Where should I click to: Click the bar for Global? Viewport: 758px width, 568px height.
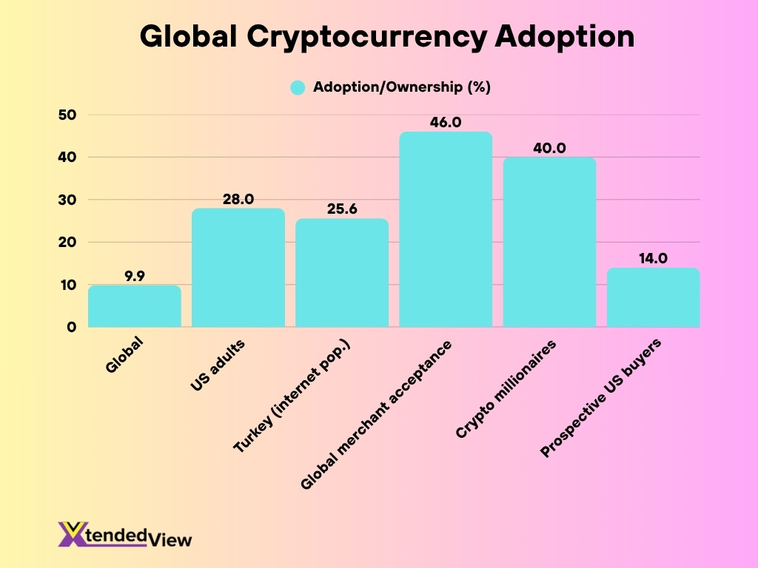point(134,306)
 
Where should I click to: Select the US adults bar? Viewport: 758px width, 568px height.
point(238,268)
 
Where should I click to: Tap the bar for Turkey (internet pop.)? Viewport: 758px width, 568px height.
point(341,273)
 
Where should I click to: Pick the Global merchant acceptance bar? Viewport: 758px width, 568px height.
point(446,229)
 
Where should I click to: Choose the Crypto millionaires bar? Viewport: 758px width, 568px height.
point(549,242)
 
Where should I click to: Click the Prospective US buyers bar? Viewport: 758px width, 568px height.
point(653,297)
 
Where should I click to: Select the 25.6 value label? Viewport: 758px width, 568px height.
point(341,209)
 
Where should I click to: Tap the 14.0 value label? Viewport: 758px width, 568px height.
point(653,259)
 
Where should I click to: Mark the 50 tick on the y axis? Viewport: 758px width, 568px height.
point(67,115)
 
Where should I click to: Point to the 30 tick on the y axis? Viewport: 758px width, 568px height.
point(67,200)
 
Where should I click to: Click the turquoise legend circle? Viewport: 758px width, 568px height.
point(298,87)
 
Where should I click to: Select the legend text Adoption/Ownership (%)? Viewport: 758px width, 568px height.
point(402,87)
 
